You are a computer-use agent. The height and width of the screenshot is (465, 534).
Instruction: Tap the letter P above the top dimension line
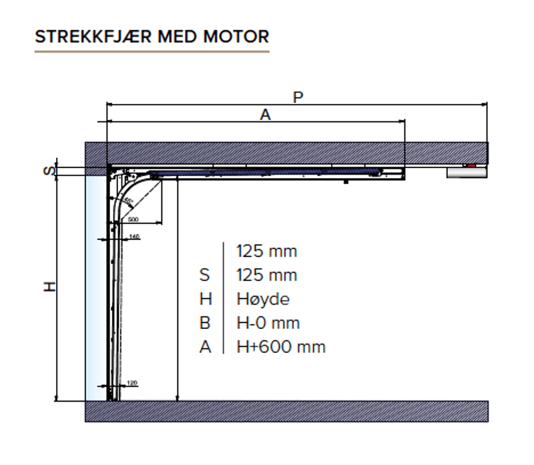(298, 97)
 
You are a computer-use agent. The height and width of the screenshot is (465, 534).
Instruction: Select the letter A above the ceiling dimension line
(265, 115)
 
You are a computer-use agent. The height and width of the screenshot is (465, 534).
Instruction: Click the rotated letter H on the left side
(49, 286)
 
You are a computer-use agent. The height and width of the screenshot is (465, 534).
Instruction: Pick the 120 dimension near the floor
(131, 383)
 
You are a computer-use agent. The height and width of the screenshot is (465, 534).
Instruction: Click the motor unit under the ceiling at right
(467, 172)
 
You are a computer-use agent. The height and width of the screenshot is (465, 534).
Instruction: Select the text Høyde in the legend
(263, 299)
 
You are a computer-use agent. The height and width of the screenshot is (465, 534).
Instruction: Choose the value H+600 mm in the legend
(281, 347)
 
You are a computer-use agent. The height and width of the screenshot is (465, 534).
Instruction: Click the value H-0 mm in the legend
(268, 323)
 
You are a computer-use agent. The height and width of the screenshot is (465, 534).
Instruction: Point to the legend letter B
(205, 323)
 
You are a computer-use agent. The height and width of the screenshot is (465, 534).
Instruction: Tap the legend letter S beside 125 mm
(205, 275)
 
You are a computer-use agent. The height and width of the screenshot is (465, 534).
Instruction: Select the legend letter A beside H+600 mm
(205, 347)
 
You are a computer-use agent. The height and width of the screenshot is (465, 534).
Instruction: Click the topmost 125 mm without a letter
(266, 251)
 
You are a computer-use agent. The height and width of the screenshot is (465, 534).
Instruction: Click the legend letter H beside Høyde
(205, 299)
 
